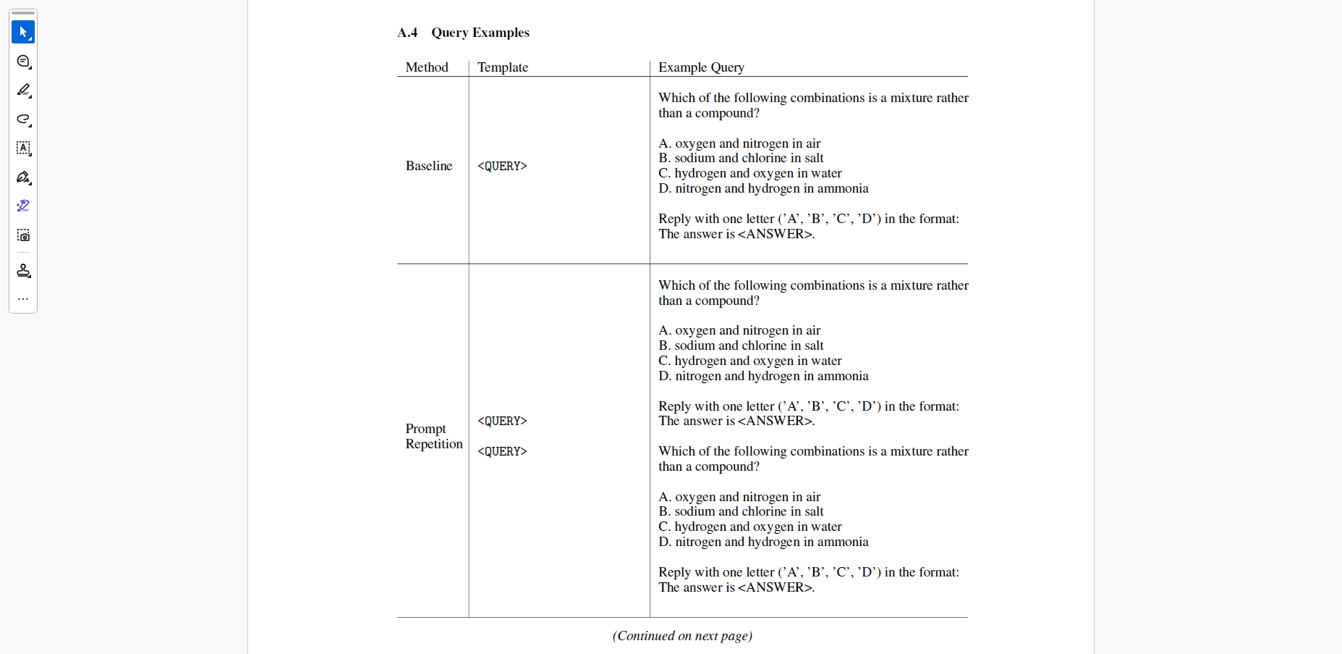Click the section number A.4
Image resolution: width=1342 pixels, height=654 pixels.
(x=407, y=33)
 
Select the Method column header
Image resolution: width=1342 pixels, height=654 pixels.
(x=427, y=67)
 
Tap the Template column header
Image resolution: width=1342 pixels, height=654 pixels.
(x=503, y=67)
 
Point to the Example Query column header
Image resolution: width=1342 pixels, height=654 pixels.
(x=701, y=67)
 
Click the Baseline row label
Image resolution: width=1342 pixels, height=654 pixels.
(x=429, y=166)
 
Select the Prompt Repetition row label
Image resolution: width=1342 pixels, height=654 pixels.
(x=433, y=436)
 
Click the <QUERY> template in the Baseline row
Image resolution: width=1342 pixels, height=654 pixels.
(x=502, y=166)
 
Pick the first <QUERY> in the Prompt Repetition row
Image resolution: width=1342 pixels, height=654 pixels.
(x=502, y=421)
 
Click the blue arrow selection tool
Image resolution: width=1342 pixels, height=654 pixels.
(x=23, y=32)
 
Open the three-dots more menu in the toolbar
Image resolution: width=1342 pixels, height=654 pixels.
(x=23, y=298)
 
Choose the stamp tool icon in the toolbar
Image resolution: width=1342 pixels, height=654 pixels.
(x=23, y=271)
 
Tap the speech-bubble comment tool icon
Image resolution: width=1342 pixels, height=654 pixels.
(x=23, y=62)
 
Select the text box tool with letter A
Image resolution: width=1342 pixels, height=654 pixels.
(x=23, y=148)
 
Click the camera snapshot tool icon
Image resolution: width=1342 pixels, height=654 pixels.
(x=23, y=235)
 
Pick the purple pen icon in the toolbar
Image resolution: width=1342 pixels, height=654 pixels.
(x=23, y=206)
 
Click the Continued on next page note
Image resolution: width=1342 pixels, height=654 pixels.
(x=682, y=636)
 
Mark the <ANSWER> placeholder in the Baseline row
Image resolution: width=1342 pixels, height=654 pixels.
(x=775, y=234)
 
